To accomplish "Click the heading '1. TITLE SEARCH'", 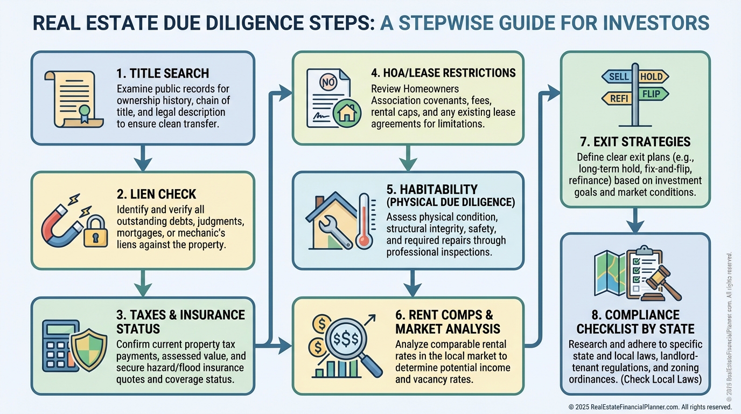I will click(163, 73).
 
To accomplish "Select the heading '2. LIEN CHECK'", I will click(157, 194).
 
